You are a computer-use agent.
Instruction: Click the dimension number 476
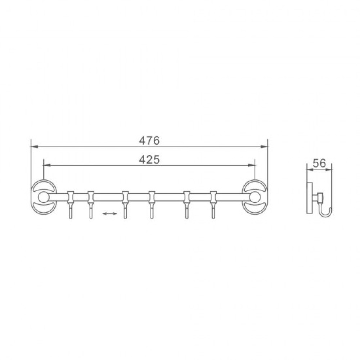pos(149,140)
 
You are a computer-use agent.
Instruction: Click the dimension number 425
pos(149,159)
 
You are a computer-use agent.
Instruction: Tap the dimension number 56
pos(319,163)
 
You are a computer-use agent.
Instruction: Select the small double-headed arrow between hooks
pos(110,214)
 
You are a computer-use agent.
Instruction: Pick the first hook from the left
pos(71,204)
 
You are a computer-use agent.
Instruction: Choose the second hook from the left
pos(91,204)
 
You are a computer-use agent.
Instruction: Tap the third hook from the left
pos(125,204)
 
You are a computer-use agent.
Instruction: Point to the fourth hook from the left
pos(152,204)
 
